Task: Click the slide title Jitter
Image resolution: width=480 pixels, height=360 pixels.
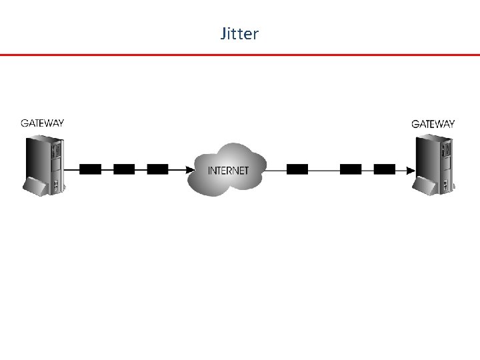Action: coord(239,33)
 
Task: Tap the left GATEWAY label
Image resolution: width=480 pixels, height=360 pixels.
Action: coord(43,123)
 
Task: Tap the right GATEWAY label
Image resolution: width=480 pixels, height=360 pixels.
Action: coord(433,123)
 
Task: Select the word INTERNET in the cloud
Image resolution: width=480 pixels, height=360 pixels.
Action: coord(228,170)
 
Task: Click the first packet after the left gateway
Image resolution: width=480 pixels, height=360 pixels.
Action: coord(90,169)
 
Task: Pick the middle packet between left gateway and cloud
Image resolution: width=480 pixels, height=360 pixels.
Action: coord(124,169)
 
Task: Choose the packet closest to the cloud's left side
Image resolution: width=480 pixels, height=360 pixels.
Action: coord(157,169)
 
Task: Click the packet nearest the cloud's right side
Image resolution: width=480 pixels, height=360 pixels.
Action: coord(297,169)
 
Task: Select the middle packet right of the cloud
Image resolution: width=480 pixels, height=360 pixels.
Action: coord(351,169)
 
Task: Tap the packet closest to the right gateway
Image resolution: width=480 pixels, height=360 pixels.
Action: coord(384,169)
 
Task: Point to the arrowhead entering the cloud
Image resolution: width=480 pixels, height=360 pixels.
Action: coord(189,169)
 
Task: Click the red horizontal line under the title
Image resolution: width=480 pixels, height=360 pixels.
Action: coord(240,55)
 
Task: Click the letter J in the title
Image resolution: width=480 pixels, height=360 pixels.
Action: coord(223,33)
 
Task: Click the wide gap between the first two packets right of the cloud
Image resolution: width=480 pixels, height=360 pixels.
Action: coord(324,169)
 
